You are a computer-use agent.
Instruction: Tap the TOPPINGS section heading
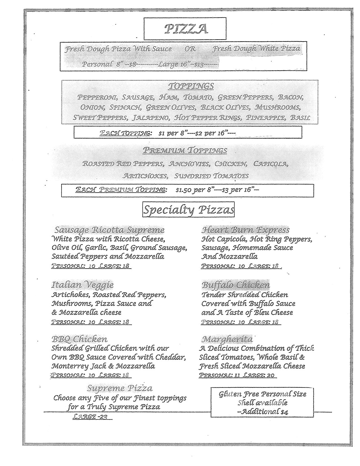191,86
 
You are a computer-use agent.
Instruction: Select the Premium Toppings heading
185,151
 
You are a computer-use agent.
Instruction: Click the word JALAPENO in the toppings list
152,117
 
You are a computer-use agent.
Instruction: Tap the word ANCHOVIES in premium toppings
189,164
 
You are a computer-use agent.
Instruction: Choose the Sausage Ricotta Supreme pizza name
109,230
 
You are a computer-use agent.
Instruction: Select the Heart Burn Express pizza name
245,230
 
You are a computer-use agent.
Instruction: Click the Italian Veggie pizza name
82,285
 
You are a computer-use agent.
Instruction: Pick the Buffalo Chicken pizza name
235,285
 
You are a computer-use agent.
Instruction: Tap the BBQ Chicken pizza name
79,339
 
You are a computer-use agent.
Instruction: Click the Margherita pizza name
227,339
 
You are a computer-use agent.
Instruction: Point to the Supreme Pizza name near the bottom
120,388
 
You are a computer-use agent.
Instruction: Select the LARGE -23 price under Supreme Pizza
90,417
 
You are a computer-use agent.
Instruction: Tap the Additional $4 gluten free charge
262,411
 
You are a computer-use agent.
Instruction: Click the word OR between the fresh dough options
190,49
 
